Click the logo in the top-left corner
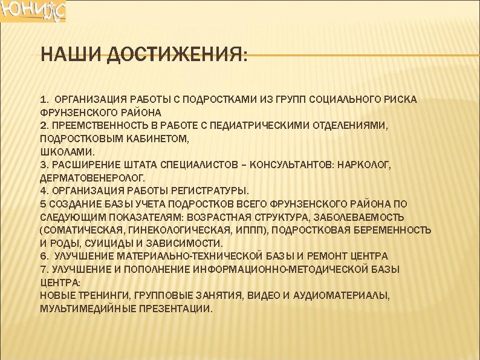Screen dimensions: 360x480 point(33,11)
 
